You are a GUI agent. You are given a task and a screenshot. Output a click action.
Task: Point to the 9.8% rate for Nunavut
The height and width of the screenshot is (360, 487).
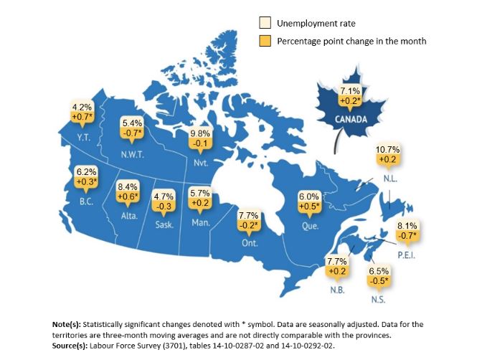[x=201, y=133]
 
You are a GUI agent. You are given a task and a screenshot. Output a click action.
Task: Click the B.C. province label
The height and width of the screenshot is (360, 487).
[x=86, y=202]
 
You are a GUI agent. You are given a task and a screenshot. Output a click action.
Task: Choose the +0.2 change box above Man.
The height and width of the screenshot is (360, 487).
[x=199, y=203]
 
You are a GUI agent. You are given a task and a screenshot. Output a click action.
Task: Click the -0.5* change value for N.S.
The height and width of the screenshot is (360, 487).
[x=379, y=281]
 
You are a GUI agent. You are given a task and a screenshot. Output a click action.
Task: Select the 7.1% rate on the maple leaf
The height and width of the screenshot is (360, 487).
[x=349, y=91]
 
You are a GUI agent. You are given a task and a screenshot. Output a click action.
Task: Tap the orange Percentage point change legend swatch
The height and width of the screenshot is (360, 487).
[x=264, y=41]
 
